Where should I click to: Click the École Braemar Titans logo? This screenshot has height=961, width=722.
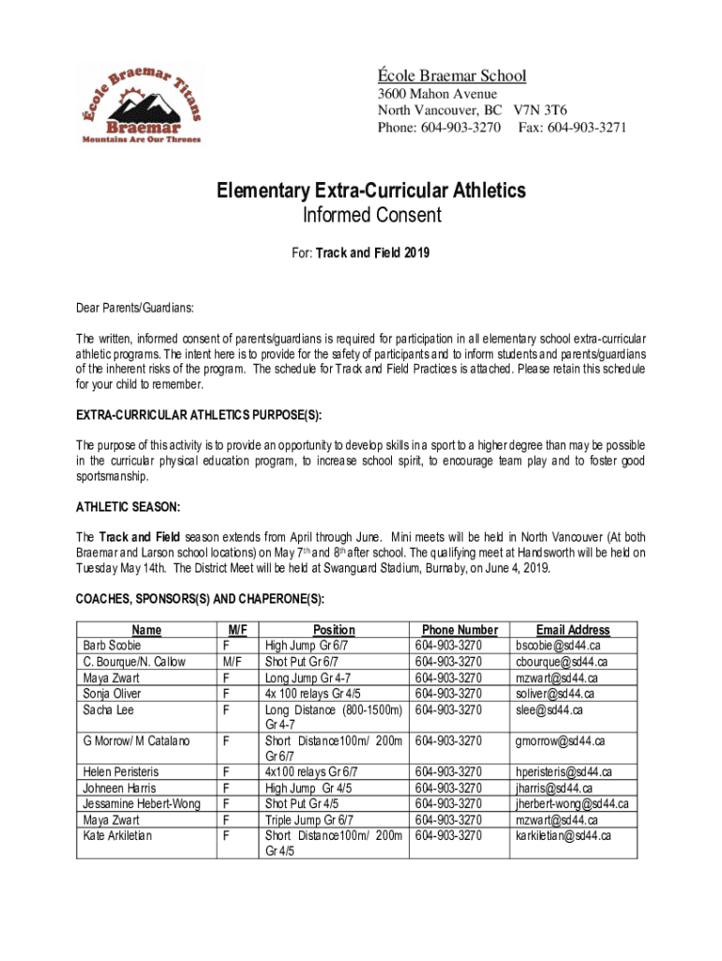[139, 103]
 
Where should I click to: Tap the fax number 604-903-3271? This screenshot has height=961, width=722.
[587, 127]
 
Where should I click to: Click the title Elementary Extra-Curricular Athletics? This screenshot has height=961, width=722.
[371, 191]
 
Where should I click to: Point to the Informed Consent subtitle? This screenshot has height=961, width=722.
[371, 217]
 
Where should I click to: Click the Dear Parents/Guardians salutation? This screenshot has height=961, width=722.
[135, 307]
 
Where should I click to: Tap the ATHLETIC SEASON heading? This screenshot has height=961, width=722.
[128, 508]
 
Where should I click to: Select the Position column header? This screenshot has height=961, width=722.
[334, 630]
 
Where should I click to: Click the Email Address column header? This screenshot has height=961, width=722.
[573, 630]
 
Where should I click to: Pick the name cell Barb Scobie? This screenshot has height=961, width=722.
[111, 646]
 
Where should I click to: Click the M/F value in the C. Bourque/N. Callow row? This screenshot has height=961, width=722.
[228, 662]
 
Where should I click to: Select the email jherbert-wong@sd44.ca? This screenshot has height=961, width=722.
[571, 803]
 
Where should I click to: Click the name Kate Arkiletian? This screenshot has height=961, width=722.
[117, 835]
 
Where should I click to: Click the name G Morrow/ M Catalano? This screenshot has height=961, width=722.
[136, 741]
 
